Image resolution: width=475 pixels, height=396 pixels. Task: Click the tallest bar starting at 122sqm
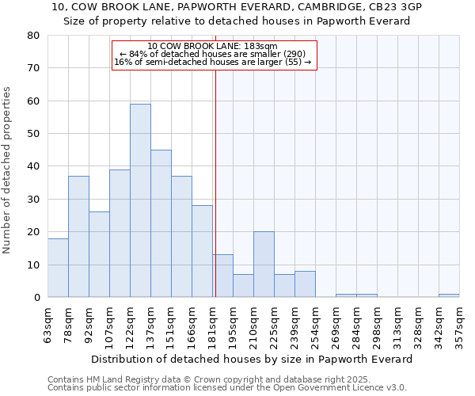click(140, 200)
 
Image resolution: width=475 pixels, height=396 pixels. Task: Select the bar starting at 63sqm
click(58, 268)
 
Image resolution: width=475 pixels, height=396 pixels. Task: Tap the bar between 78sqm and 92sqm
click(78, 236)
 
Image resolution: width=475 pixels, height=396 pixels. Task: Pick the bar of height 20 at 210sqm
click(264, 265)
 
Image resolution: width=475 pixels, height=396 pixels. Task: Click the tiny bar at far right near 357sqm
click(449, 295)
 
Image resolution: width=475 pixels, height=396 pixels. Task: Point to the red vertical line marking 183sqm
click(215, 182)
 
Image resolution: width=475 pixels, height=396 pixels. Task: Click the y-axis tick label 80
click(32, 36)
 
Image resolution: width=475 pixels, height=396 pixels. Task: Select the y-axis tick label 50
click(32, 134)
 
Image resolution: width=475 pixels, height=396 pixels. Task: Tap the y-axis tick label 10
click(32, 265)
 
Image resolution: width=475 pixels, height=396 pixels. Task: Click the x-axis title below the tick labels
click(252, 359)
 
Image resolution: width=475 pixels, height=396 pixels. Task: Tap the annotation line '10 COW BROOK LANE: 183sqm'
click(213, 47)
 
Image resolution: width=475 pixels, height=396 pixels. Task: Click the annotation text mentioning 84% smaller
click(213, 54)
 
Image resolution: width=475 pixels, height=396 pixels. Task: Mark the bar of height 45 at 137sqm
click(161, 223)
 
